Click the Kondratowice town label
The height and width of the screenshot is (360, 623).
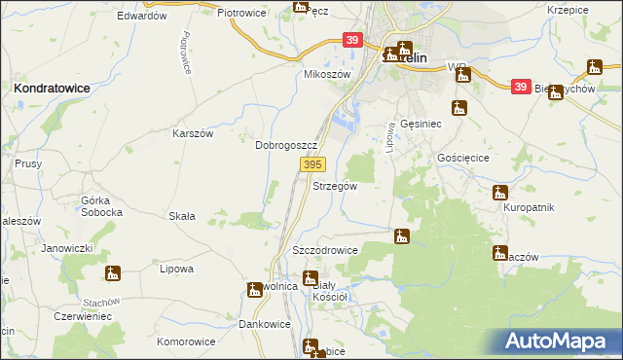click(52, 88)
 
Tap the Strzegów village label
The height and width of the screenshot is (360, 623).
click(335, 185)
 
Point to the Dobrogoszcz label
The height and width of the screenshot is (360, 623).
click(286, 144)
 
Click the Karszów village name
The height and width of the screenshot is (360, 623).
click(193, 133)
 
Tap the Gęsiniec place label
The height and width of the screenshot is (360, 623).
click(421, 126)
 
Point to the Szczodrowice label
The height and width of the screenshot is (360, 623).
click(325, 250)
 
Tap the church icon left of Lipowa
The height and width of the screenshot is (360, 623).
click(113, 273)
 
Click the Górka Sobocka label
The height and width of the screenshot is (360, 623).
click(101, 205)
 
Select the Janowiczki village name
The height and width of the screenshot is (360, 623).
click(67, 248)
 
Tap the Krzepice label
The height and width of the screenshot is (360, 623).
click(568, 9)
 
